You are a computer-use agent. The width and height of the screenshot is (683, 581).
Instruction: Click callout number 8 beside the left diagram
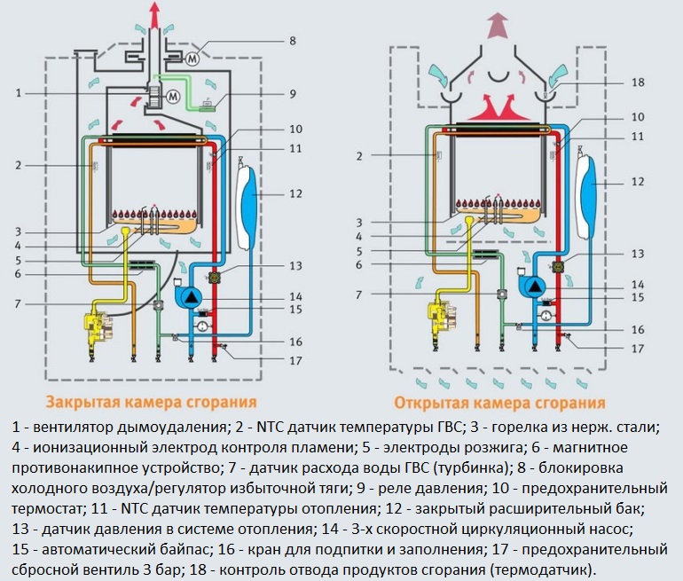[292, 40]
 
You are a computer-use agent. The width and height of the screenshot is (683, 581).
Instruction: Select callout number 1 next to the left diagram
[18, 92]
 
